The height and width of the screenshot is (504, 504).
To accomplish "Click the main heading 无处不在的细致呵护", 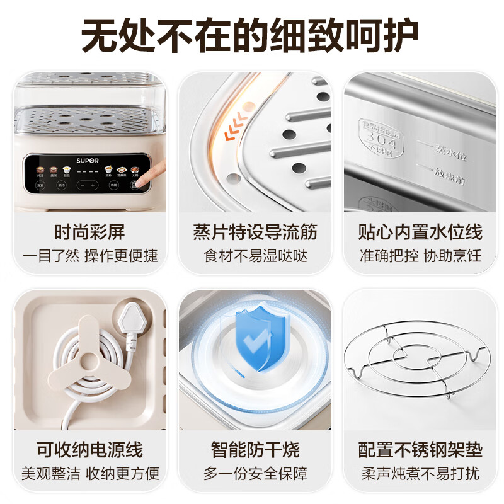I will point(252,37).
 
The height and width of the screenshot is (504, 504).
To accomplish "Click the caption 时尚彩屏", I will point(89,232).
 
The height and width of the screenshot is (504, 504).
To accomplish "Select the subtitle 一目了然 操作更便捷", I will point(89,256).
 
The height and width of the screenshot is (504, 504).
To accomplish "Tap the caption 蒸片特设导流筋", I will point(255,232).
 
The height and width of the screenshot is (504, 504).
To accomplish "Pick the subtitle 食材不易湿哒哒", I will point(255,256).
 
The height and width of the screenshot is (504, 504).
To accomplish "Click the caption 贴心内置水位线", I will point(420,232).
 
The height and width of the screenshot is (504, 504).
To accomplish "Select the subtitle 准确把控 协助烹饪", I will point(420,256).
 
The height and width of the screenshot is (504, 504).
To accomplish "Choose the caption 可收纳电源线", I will point(89,450).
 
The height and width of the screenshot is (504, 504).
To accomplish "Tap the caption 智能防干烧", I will point(255,450).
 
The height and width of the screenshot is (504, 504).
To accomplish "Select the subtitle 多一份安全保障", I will point(255,473).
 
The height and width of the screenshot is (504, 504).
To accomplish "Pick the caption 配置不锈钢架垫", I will point(420,450).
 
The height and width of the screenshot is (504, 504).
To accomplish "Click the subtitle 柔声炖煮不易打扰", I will point(420,473).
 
